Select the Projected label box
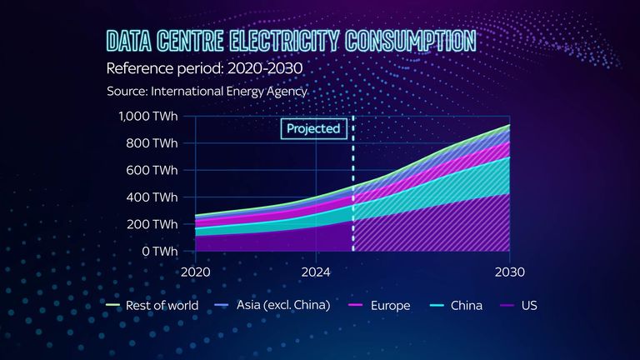313,128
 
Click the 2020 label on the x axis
195,272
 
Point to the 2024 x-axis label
317,272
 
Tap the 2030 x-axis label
508,272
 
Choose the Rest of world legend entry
153,305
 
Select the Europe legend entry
380,305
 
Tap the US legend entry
520,305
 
